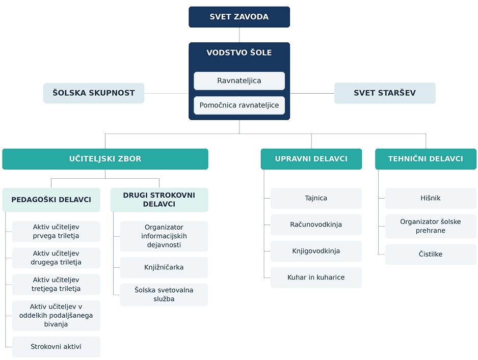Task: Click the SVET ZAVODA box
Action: pos(240,17)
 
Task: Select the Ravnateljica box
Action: pos(240,81)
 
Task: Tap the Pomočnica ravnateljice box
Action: pos(240,105)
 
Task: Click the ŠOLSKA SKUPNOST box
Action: pos(94,93)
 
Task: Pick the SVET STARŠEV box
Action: pos(385,93)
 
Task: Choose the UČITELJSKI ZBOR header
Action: pos(105,159)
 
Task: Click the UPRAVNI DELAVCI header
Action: pos(311,159)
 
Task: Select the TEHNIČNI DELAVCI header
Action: pos(426,159)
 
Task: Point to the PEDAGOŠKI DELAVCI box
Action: pos(51,200)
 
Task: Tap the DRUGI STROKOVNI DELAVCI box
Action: pos(159,200)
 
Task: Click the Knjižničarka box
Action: pos(164,267)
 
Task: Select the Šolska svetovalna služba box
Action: pos(164,294)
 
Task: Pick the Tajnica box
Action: pos(316,198)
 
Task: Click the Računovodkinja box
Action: pos(316,225)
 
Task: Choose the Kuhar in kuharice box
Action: pos(316,278)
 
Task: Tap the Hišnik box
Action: pos(431,198)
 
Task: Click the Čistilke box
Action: pos(431,254)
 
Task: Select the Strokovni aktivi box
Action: pos(56,347)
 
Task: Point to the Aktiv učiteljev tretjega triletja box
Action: pos(56,285)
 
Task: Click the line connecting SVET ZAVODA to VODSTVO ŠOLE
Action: pos(240,35)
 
